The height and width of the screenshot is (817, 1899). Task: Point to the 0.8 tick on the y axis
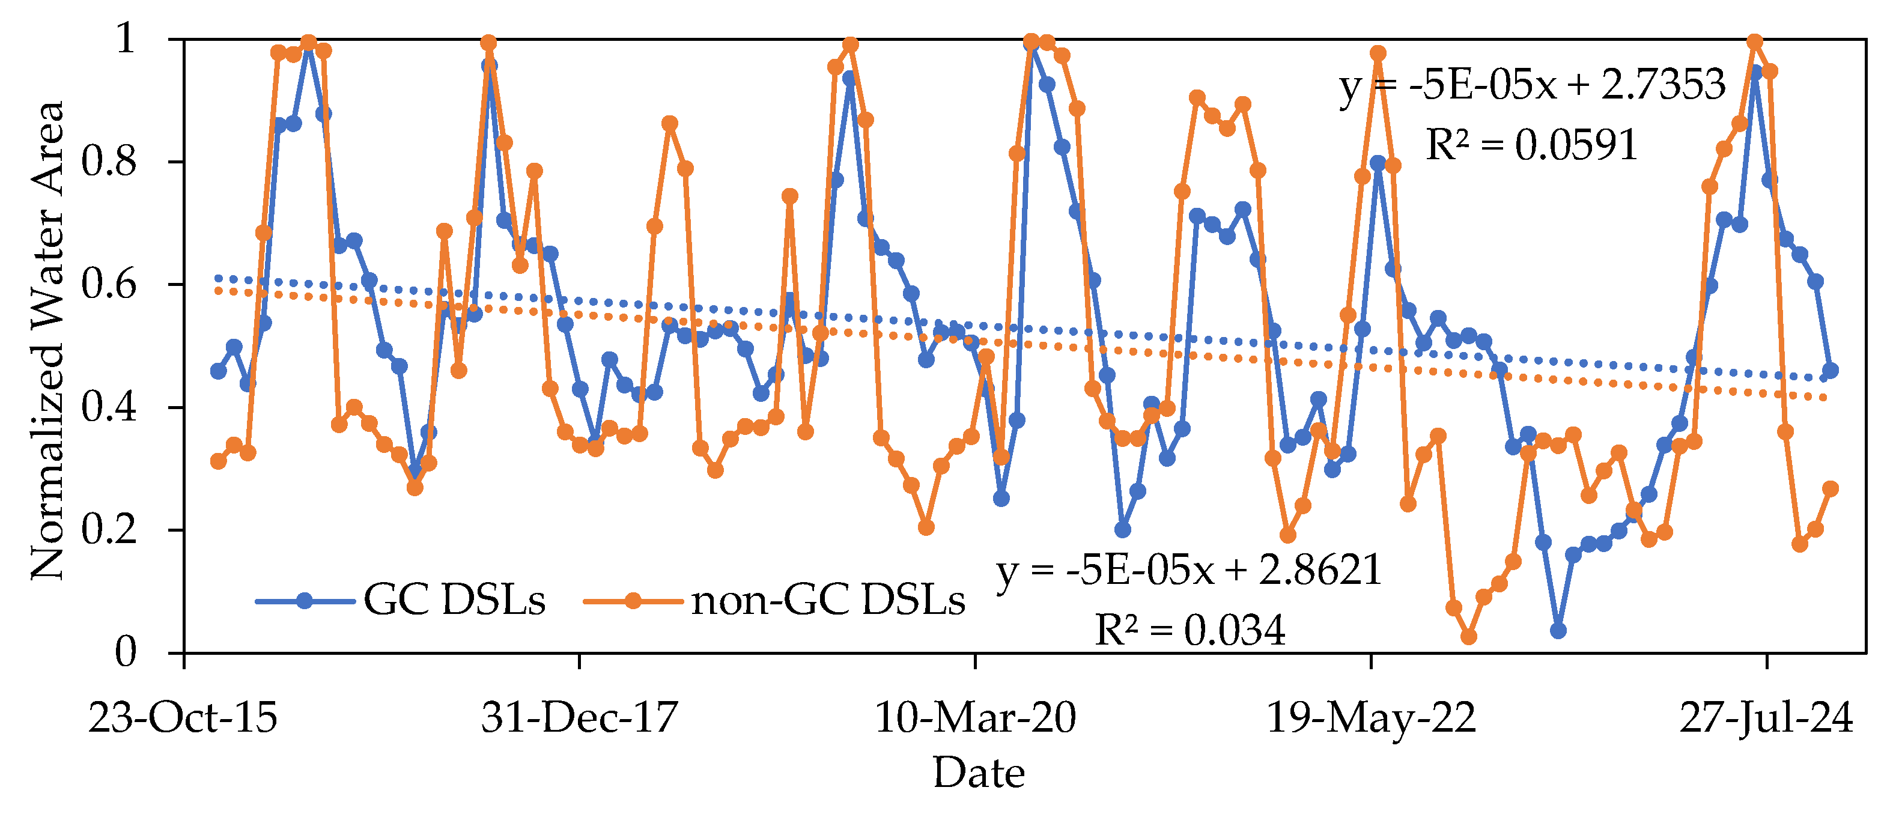point(109,162)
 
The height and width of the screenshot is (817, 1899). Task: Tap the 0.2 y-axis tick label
point(109,529)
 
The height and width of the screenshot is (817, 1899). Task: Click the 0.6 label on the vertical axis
point(109,285)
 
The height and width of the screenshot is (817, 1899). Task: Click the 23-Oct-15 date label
point(183,717)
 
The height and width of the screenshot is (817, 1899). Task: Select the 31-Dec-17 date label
point(579,717)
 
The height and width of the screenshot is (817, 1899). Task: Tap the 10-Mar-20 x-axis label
point(975,717)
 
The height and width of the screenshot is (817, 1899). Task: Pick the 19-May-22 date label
point(1371,717)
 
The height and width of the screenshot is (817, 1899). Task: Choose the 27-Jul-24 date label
point(1766,717)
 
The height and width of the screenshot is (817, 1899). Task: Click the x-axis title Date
point(979,773)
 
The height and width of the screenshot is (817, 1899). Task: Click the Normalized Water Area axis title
point(49,341)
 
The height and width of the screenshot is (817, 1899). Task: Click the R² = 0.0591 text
point(1532,145)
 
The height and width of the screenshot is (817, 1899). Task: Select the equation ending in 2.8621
point(1188,570)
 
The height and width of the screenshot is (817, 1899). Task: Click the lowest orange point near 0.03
point(1468,636)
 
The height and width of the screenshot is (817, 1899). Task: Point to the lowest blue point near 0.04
point(1558,630)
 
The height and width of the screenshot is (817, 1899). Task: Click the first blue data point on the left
point(218,371)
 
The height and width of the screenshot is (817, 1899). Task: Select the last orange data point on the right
point(1831,489)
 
